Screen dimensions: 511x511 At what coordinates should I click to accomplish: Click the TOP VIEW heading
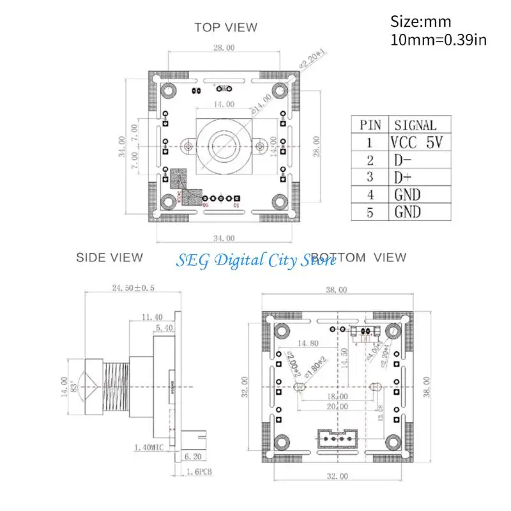[x=226, y=27]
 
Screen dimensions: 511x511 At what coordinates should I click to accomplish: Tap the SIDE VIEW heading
[x=109, y=257]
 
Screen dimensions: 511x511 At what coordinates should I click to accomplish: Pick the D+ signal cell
[x=403, y=178]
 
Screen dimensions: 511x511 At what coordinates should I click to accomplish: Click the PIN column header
[x=370, y=125]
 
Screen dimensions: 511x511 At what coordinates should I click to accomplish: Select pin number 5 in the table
[x=370, y=212]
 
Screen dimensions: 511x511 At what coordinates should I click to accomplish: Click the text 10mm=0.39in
[x=438, y=40]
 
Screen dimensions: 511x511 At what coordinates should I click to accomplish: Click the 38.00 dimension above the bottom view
[x=336, y=289]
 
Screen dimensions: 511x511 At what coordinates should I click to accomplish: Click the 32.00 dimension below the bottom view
[x=336, y=476]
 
